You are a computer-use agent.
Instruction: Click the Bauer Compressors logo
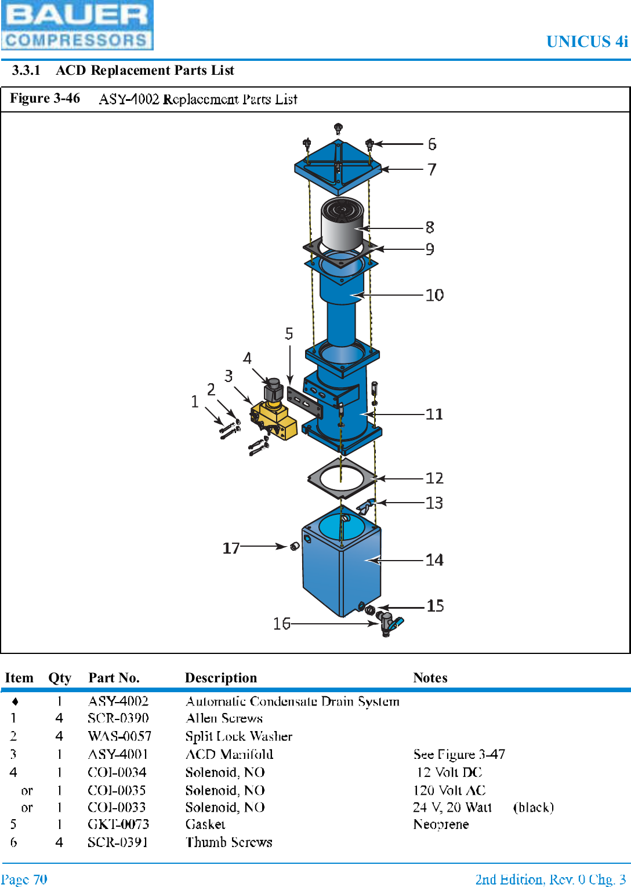click(x=77, y=25)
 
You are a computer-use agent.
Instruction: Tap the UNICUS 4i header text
click(x=586, y=42)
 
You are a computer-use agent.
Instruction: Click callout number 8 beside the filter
click(x=430, y=227)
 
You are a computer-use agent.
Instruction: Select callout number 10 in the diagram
click(x=434, y=295)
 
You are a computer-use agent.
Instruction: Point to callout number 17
click(x=231, y=548)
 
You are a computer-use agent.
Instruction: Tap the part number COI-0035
click(x=117, y=790)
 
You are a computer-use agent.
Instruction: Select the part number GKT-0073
click(x=118, y=824)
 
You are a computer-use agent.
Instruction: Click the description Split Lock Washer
click(x=238, y=736)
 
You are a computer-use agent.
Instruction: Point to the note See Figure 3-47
click(x=459, y=754)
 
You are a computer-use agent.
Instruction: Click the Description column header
click(x=220, y=678)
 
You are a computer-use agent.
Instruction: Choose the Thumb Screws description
click(x=229, y=842)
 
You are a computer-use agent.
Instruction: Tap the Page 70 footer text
click(x=24, y=879)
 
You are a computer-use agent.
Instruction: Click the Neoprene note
click(x=441, y=824)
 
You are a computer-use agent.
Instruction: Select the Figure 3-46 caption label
click(x=45, y=99)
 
